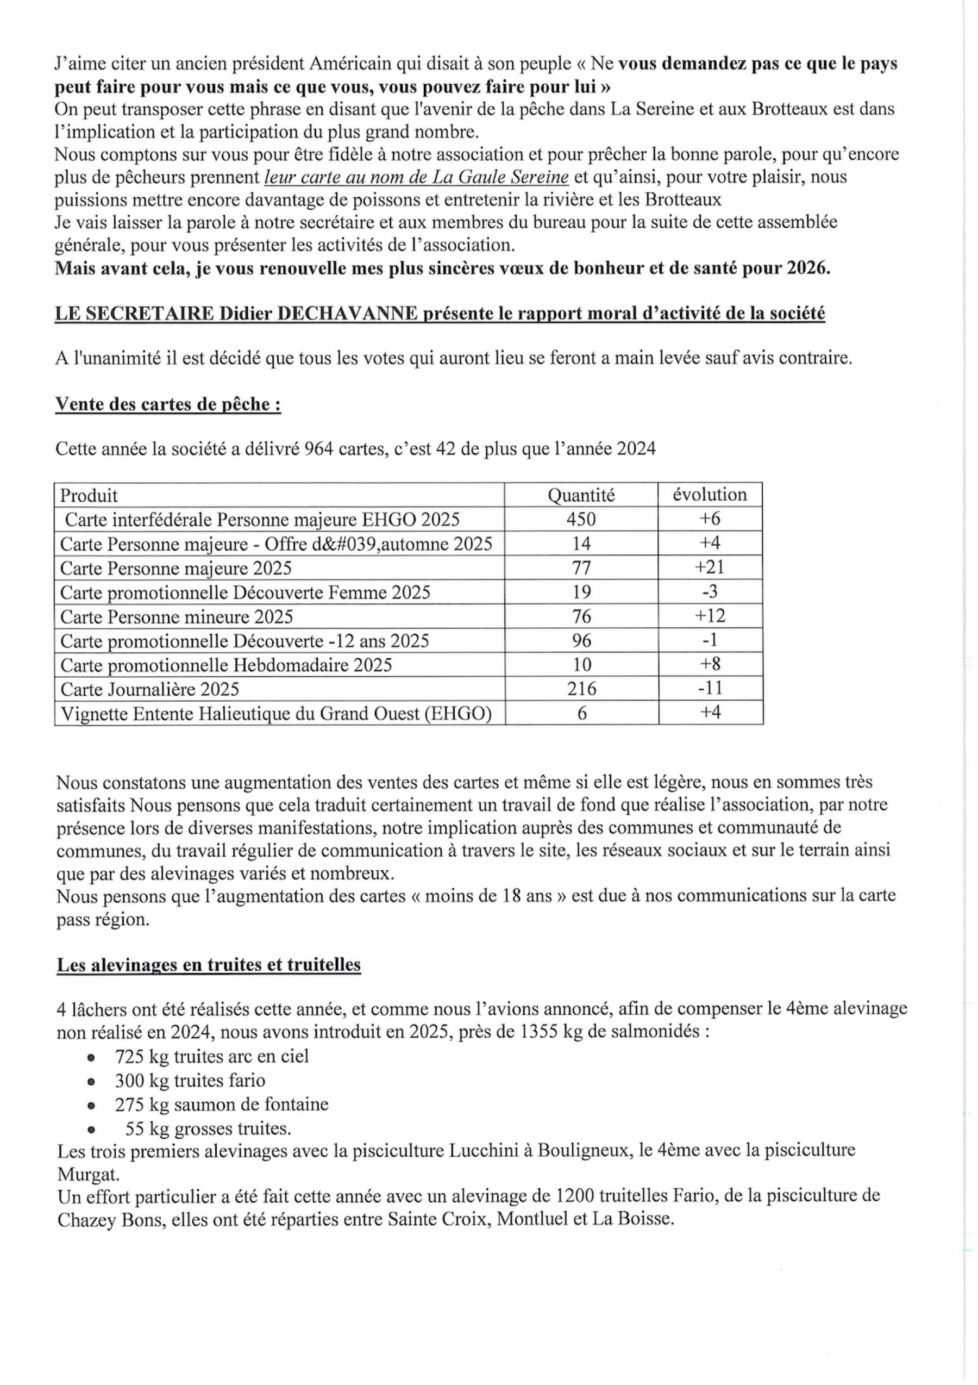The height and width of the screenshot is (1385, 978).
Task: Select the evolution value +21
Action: (710, 567)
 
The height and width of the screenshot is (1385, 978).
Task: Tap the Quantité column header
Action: (581, 495)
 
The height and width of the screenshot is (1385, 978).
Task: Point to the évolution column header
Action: (710, 495)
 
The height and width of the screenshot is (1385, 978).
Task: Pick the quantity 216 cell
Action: (581, 689)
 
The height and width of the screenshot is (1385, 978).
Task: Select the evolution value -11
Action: (710, 688)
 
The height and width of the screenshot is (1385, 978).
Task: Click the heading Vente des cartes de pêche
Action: (168, 404)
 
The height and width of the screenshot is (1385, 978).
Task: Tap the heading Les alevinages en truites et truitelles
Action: (209, 964)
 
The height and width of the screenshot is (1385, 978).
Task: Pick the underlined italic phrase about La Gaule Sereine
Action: (417, 177)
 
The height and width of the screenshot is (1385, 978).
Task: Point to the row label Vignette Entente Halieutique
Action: (276, 714)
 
